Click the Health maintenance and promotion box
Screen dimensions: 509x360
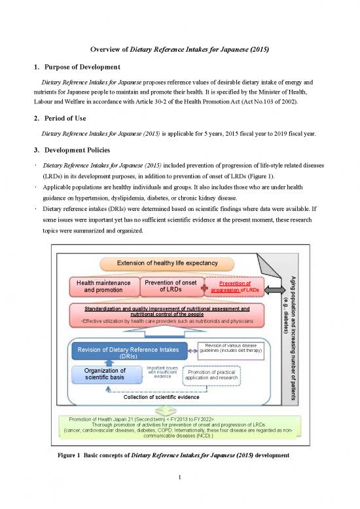(x=103, y=286)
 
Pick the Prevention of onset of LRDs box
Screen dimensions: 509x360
(x=170, y=286)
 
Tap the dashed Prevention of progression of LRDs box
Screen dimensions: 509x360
(x=235, y=287)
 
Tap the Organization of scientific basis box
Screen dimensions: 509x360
(x=105, y=374)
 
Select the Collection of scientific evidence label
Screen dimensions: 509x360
(x=162, y=397)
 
